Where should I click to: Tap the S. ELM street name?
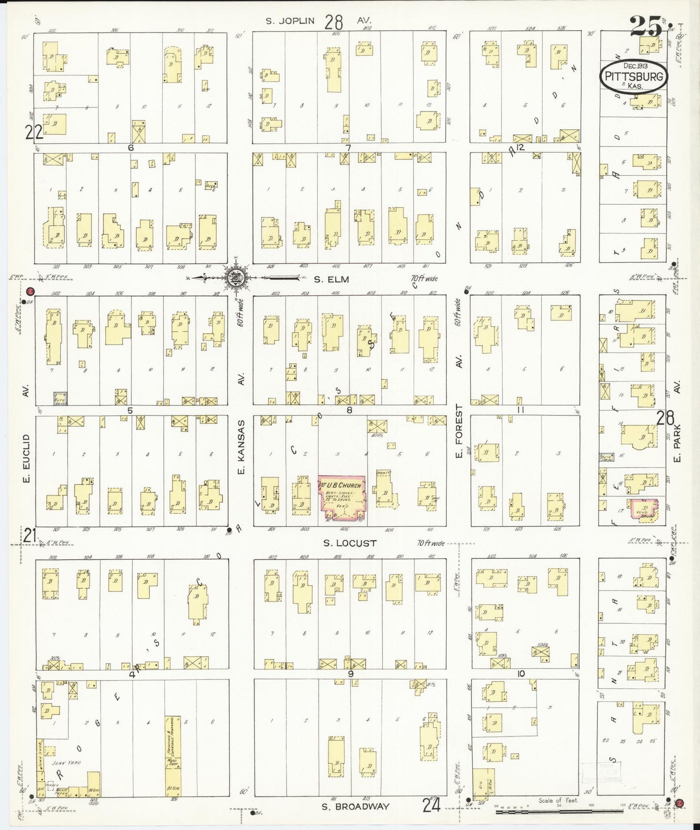click(332, 279)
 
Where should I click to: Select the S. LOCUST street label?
click(350, 543)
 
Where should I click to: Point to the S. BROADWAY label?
click(356, 806)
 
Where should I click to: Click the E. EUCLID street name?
click(27, 458)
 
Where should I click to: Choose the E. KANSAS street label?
click(242, 447)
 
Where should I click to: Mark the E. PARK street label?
click(677, 443)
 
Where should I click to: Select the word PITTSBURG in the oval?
click(634, 77)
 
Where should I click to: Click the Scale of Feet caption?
click(559, 800)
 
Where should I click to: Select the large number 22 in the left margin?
click(33, 132)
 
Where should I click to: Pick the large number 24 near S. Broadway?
click(431, 805)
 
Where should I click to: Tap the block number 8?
click(349, 410)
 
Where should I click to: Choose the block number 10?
click(521, 674)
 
